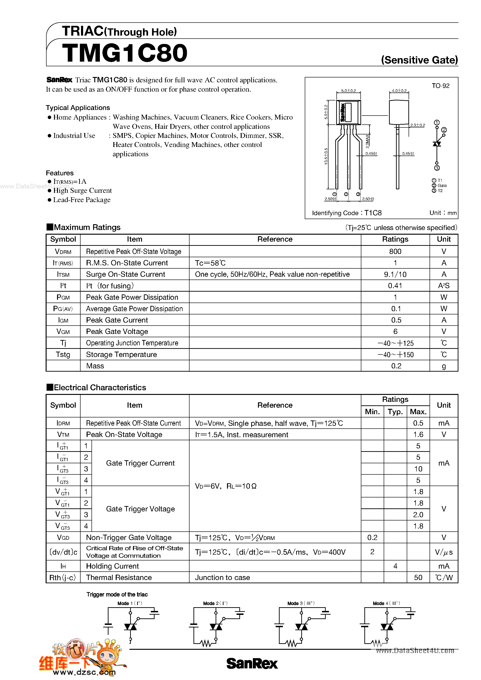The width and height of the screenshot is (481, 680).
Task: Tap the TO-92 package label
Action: [x=440, y=86]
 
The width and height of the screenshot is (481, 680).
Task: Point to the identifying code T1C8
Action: [x=373, y=213]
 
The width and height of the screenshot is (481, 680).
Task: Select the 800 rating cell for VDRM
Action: [x=395, y=251]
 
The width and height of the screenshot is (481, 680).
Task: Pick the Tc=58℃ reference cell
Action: [x=210, y=263]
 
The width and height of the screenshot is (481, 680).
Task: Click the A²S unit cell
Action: [x=444, y=286]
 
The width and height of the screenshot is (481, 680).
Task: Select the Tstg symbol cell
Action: [x=63, y=354]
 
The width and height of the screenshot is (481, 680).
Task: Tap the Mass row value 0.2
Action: [x=396, y=366]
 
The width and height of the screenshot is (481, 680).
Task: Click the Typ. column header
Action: [x=395, y=412]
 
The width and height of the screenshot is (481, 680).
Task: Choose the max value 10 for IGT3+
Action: [x=418, y=469]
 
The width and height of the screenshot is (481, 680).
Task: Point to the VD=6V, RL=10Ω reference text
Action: [x=226, y=486]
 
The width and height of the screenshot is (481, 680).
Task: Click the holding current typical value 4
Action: [x=395, y=566]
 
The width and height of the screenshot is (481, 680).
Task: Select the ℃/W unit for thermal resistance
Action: [x=444, y=577]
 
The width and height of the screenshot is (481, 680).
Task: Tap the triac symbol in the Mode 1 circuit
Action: [x=130, y=627]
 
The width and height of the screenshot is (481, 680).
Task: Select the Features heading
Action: [x=60, y=173]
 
